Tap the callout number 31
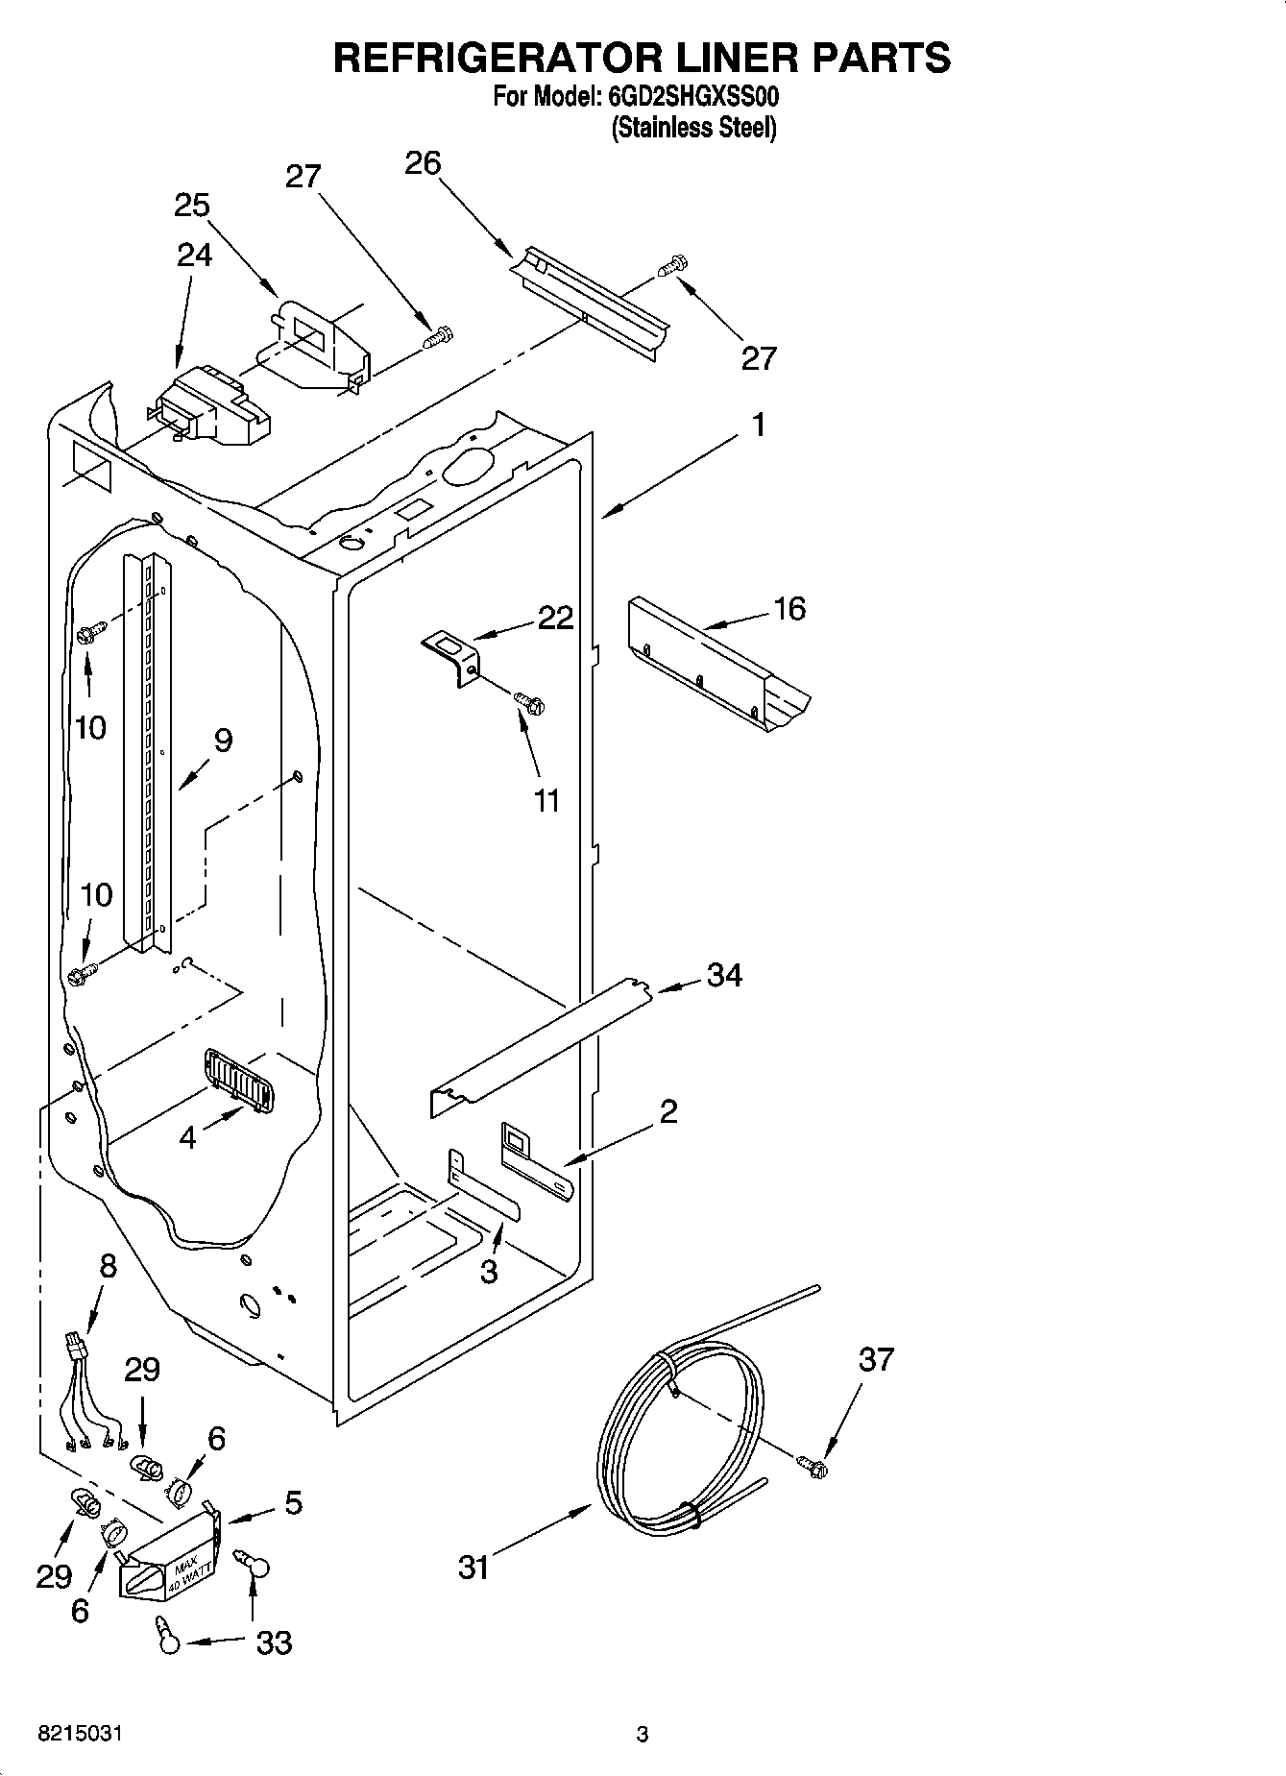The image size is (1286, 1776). click(x=473, y=1568)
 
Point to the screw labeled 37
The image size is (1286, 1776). click(x=813, y=1466)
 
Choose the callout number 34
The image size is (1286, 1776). click(x=724, y=975)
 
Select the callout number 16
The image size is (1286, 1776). click(x=789, y=608)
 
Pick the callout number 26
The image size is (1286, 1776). click(x=422, y=163)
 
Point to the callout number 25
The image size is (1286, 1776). click(x=192, y=206)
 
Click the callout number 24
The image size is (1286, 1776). click(x=195, y=255)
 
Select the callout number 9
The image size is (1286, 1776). click(x=222, y=740)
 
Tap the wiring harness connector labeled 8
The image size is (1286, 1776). click(x=76, y=1343)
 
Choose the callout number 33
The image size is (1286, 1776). click(x=274, y=1642)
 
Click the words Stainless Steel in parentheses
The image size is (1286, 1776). click(x=694, y=128)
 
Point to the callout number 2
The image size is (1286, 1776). click(x=668, y=1111)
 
